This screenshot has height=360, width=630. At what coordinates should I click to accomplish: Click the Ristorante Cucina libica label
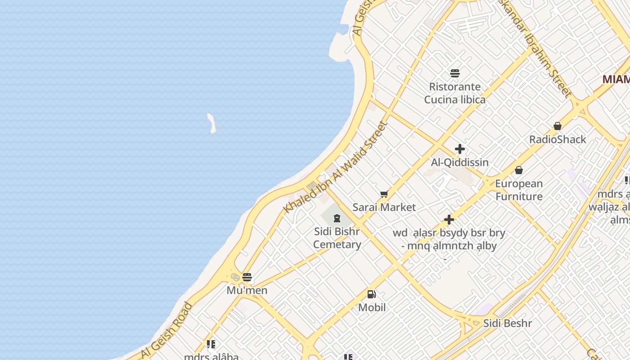(454, 93)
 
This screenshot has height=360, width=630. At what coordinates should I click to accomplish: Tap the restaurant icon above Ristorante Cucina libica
(454, 73)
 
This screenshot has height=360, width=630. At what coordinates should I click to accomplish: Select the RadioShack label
(558, 139)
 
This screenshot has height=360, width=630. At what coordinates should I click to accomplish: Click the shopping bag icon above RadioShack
(558, 126)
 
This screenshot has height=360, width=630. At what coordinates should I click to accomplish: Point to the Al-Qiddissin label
(460, 162)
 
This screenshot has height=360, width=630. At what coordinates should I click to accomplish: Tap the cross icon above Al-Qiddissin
(460, 149)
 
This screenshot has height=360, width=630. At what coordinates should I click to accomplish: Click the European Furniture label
(519, 190)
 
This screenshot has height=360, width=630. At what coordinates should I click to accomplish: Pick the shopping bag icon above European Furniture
(519, 170)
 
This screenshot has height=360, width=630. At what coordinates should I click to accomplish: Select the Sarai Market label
(384, 207)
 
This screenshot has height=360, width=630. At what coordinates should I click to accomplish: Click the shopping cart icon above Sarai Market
(384, 194)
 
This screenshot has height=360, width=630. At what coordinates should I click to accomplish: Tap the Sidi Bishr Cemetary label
(337, 238)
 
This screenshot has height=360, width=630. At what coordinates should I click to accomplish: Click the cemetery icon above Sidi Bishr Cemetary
(337, 219)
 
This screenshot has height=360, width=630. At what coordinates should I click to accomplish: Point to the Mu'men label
(247, 290)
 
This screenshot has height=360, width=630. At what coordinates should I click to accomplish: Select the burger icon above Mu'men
(247, 277)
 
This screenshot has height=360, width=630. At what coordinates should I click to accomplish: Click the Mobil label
(372, 308)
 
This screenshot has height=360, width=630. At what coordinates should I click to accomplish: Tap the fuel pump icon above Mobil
(372, 295)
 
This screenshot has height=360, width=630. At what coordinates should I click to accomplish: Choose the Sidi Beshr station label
(508, 323)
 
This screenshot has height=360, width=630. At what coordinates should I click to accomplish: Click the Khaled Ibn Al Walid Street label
(335, 167)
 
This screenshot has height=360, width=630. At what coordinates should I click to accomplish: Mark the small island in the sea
(211, 123)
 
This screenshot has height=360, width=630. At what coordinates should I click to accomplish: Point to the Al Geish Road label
(167, 331)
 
